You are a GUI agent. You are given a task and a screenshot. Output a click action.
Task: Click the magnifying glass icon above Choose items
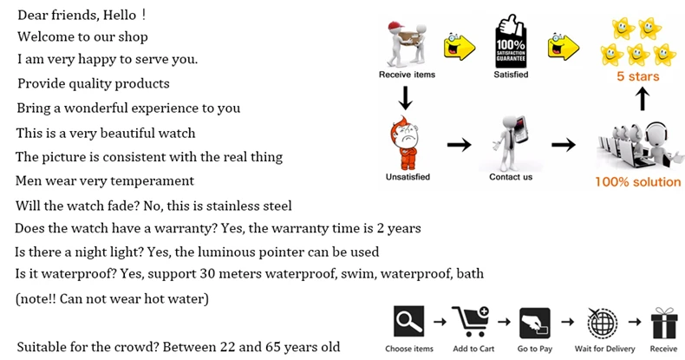click(408, 322)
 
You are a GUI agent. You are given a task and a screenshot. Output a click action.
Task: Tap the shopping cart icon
click(472, 322)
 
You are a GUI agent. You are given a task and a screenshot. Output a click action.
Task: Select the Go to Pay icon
click(534, 323)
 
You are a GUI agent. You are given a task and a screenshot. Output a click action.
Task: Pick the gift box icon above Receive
click(663, 322)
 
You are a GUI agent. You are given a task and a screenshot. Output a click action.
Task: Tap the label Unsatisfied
click(408, 177)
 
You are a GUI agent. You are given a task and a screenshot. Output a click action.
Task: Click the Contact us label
click(511, 177)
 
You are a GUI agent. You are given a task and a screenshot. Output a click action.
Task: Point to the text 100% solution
click(636, 182)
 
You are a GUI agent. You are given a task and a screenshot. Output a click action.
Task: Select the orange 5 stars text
click(637, 76)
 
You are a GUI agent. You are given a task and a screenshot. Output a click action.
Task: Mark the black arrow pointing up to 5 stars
click(641, 100)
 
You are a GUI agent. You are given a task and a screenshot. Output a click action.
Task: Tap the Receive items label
click(407, 75)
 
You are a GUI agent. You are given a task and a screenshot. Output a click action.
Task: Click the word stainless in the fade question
click(234, 206)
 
